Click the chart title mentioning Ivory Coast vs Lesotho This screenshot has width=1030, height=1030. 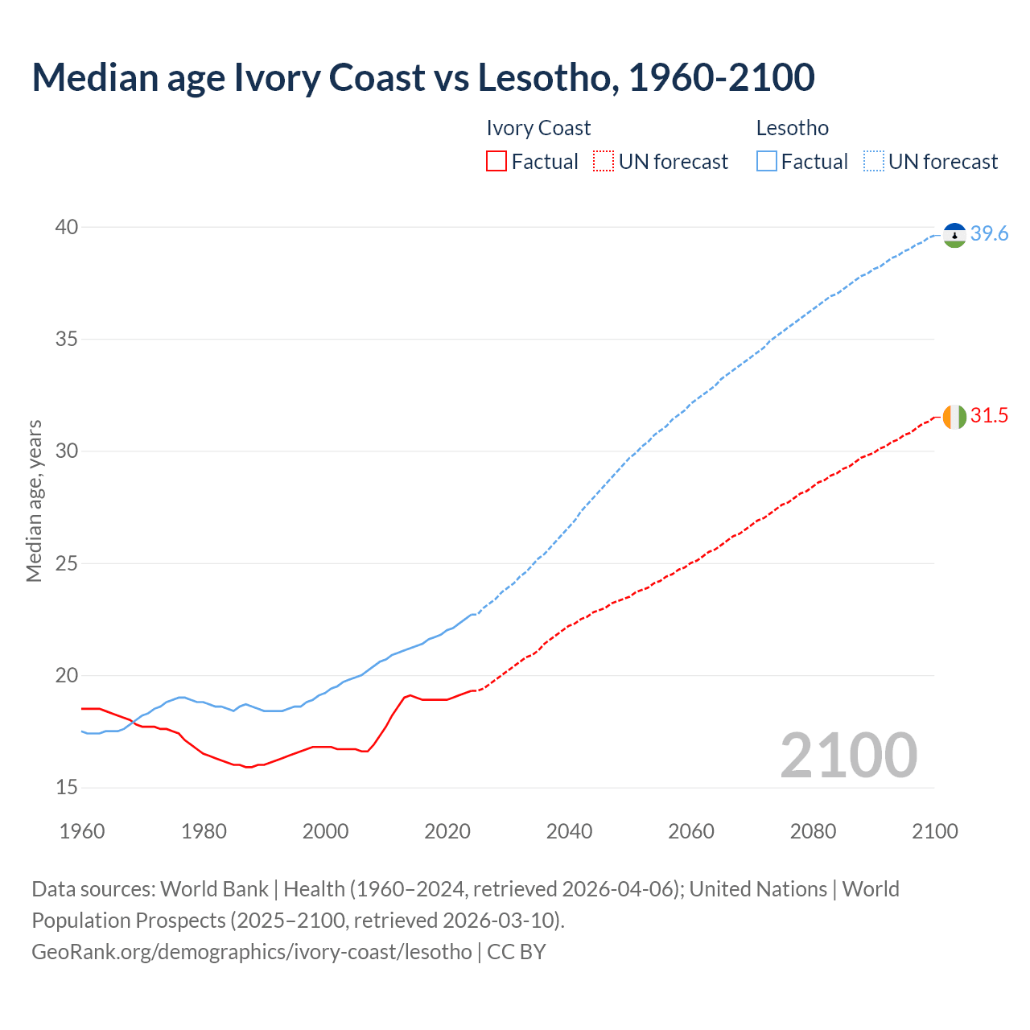(423, 77)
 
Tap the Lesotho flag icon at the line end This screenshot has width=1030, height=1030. (954, 235)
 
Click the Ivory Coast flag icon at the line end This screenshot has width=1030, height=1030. (954, 417)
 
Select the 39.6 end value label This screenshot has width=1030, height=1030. (989, 234)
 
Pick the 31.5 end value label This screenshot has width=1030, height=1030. (989, 416)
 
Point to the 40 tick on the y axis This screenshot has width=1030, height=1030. (67, 228)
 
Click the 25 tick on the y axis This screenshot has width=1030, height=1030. (67, 563)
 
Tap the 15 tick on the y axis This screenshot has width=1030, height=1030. (67, 787)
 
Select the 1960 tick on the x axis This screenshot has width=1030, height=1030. (82, 831)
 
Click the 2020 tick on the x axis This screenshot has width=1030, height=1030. (447, 831)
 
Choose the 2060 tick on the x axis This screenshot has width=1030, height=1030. (691, 831)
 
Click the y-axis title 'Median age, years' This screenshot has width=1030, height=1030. (34, 501)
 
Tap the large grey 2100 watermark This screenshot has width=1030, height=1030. (849, 755)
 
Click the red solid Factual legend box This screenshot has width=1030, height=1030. (496, 162)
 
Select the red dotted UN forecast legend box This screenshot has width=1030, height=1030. (604, 162)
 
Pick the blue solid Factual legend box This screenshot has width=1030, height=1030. (767, 162)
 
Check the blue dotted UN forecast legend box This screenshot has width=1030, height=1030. (874, 162)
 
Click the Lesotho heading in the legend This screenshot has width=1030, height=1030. (793, 128)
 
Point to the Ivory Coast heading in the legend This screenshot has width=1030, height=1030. (538, 128)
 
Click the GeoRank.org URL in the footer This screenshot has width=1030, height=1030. (252, 952)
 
